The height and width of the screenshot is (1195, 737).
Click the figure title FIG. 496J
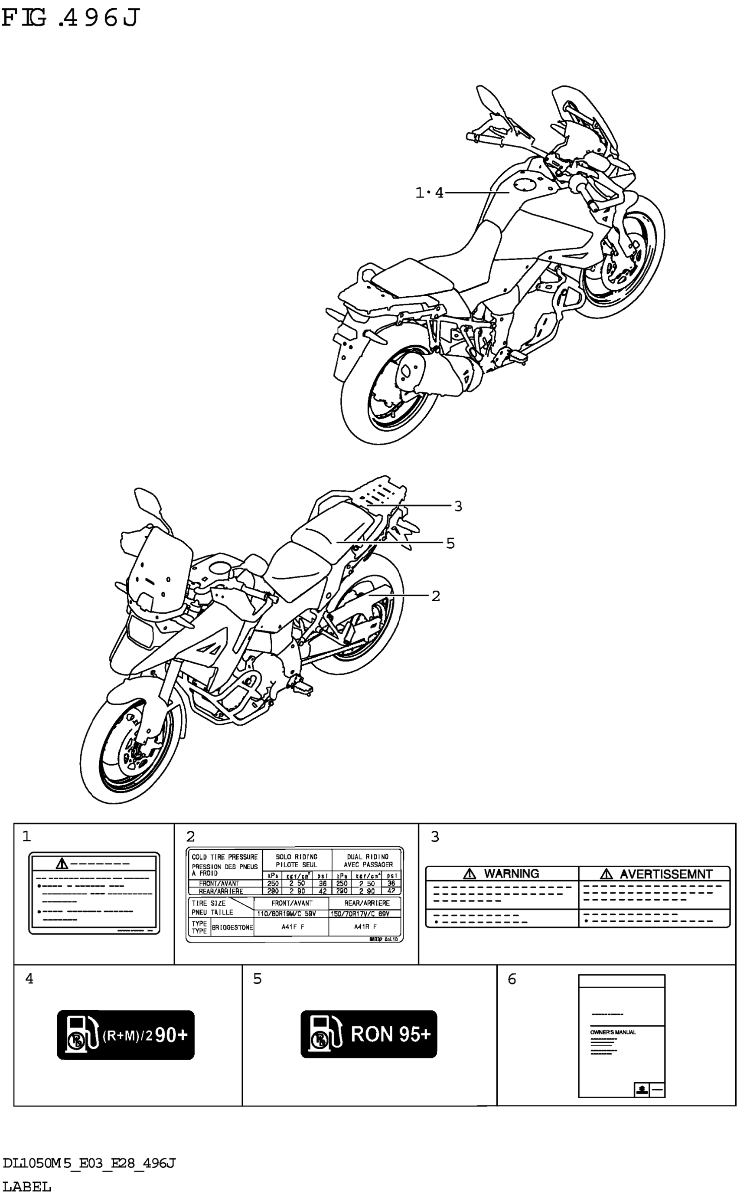point(71,19)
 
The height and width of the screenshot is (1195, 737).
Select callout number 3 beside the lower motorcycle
point(458,506)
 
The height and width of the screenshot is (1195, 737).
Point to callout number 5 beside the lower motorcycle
point(450,543)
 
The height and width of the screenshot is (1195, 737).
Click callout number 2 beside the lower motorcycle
point(435,596)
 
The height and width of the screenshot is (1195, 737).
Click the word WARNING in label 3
point(511,873)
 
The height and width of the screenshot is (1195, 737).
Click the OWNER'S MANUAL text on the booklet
point(613,1032)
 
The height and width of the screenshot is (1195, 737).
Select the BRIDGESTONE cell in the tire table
point(232,927)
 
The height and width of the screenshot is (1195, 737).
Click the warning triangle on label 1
point(62,864)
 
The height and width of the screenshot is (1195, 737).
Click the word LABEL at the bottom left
point(27,1186)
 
